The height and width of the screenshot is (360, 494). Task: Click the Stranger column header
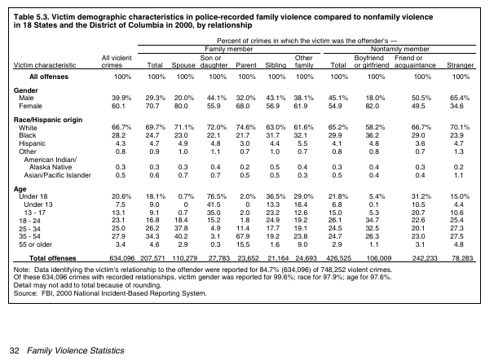(x=461, y=64)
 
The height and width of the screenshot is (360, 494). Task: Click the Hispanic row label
(x=33, y=143)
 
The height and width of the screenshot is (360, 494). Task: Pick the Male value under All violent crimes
(x=121, y=97)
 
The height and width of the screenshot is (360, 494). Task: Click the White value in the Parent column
(x=246, y=128)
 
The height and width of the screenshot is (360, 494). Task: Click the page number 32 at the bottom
(x=14, y=350)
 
